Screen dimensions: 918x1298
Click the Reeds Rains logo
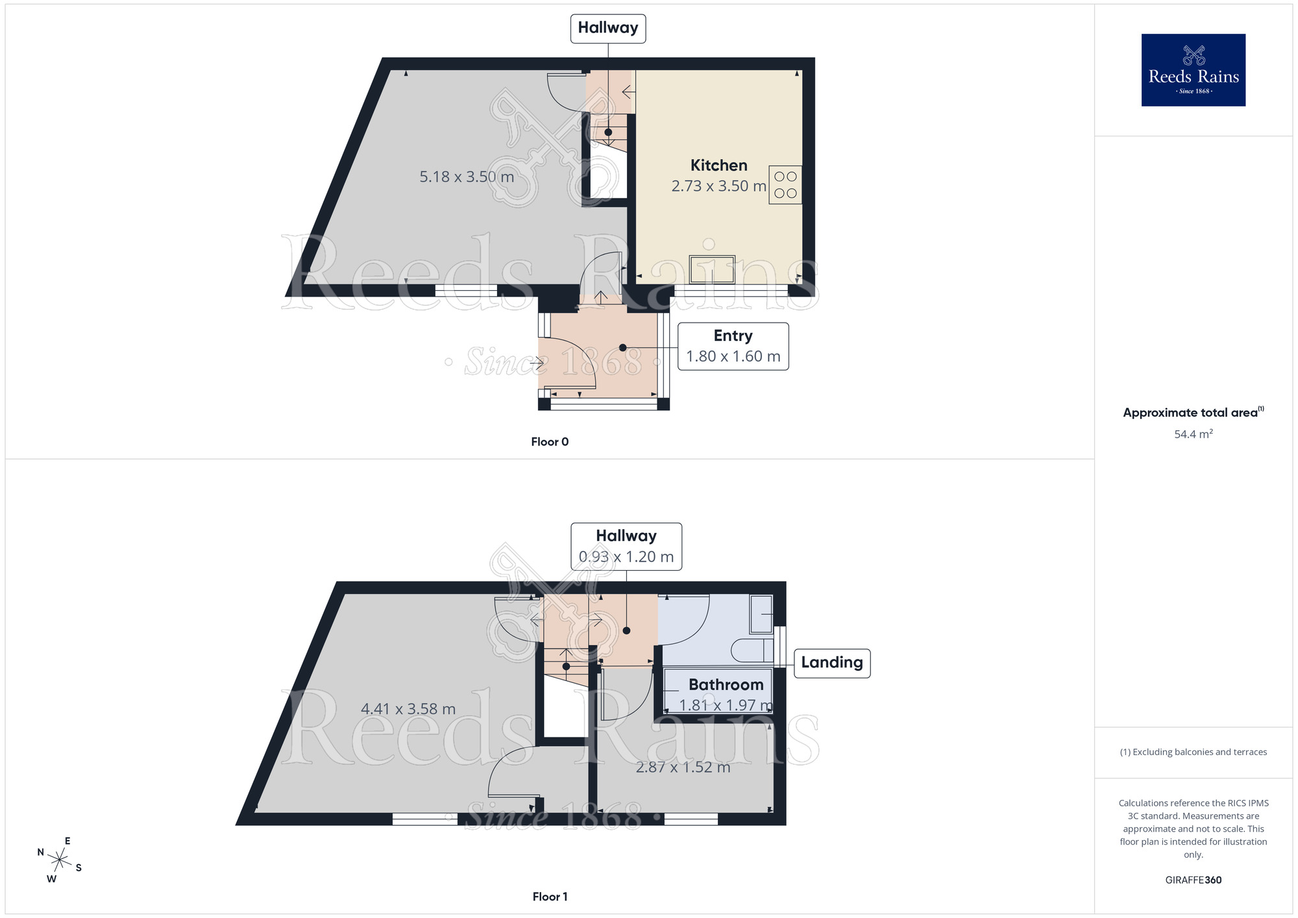coord(1193,70)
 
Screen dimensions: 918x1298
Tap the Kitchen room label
coord(718,166)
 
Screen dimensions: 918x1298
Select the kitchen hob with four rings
coord(785,185)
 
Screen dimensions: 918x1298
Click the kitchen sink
coord(712,269)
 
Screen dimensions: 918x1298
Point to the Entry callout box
coord(733,346)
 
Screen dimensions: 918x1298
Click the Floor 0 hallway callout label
coord(607,29)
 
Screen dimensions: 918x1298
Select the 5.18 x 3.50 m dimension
coord(466,177)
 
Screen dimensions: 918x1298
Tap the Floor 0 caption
coord(550,442)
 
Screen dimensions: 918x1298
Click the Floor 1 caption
coord(550,897)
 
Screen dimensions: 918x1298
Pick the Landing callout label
coord(831,663)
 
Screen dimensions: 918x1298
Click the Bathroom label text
coord(726,685)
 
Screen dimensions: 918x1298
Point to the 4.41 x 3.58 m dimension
coord(408,709)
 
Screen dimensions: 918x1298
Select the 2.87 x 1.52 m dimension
coord(683,767)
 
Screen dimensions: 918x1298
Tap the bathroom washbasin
coord(761,614)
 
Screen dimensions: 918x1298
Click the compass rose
coord(59,860)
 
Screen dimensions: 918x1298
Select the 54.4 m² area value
coord(1193,434)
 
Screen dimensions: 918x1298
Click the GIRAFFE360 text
coord(1193,880)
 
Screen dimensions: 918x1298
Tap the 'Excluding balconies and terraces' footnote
coord(1193,752)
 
